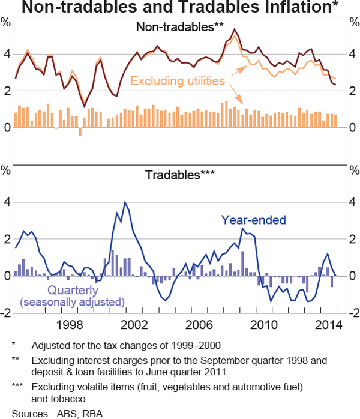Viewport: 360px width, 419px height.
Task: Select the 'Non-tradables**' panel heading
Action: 180,28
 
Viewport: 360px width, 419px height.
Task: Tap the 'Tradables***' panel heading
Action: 180,175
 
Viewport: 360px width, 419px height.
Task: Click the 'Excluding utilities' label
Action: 177,80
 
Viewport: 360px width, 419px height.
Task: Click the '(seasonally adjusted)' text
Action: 73,301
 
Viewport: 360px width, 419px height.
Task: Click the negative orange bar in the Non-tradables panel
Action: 80,132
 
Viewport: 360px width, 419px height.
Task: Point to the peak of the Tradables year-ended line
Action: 125,202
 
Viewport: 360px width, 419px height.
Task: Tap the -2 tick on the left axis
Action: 7,313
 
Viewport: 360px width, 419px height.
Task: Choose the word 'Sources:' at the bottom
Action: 28,414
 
